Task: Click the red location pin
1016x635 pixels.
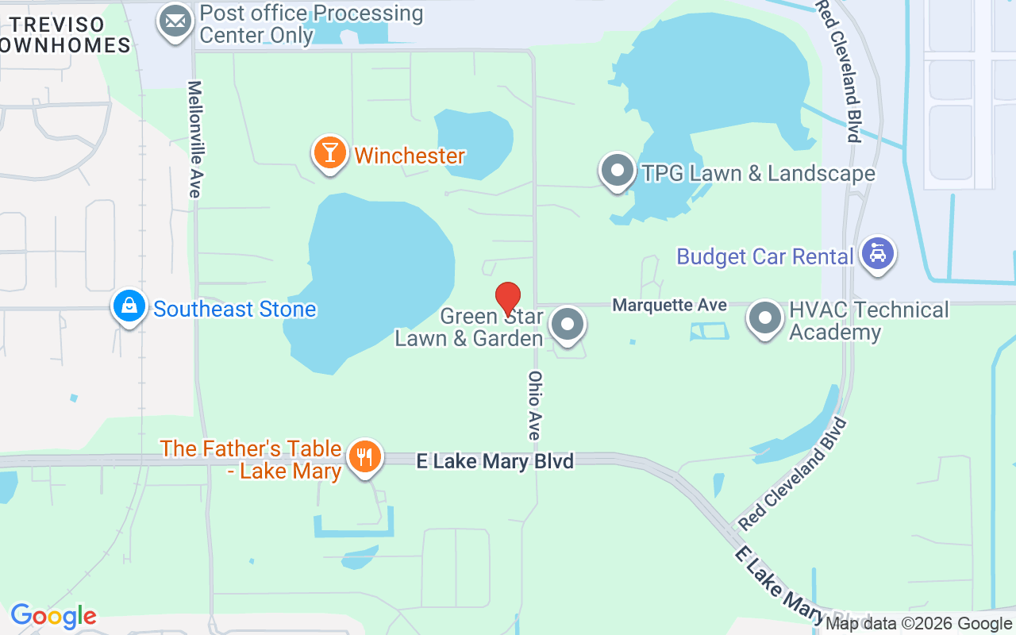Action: pyautogui.click(x=508, y=299)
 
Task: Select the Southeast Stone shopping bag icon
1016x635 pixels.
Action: pyautogui.click(x=129, y=306)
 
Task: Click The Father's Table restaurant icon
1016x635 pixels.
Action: pyautogui.click(x=364, y=457)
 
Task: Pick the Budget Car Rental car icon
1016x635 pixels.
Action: pyautogui.click(x=877, y=254)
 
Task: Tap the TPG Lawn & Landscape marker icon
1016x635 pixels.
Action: pyautogui.click(x=617, y=171)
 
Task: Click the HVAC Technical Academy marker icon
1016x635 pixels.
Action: pyautogui.click(x=765, y=318)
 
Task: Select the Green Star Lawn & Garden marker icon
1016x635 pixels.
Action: pyautogui.click(x=568, y=324)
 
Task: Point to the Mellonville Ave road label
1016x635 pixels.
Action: pyautogui.click(x=194, y=139)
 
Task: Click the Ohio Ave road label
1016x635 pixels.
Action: pyautogui.click(x=535, y=405)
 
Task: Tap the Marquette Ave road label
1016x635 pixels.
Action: pyautogui.click(x=669, y=305)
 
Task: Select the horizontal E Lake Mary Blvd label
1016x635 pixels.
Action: pyautogui.click(x=495, y=461)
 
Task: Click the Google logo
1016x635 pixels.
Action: pyautogui.click(x=53, y=616)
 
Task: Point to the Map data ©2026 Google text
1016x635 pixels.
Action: pyautogui.click(x=918, y=624)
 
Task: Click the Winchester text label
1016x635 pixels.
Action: pyautogui.click(x=409, y=156)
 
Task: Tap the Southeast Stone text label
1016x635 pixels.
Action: pyautogui.click(x=234, y=309)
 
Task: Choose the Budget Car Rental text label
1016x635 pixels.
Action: pyautogui.click(x=764, y=256)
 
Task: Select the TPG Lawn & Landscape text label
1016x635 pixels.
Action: pyautogui.click(x=758, y=173)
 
